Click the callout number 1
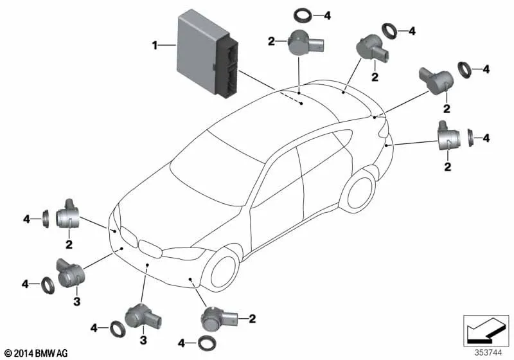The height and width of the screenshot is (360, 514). (x=154, y=45)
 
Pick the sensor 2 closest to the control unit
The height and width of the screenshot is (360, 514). (x=299, y=43)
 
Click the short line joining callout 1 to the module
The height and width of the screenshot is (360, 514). (x=168, y=45)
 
